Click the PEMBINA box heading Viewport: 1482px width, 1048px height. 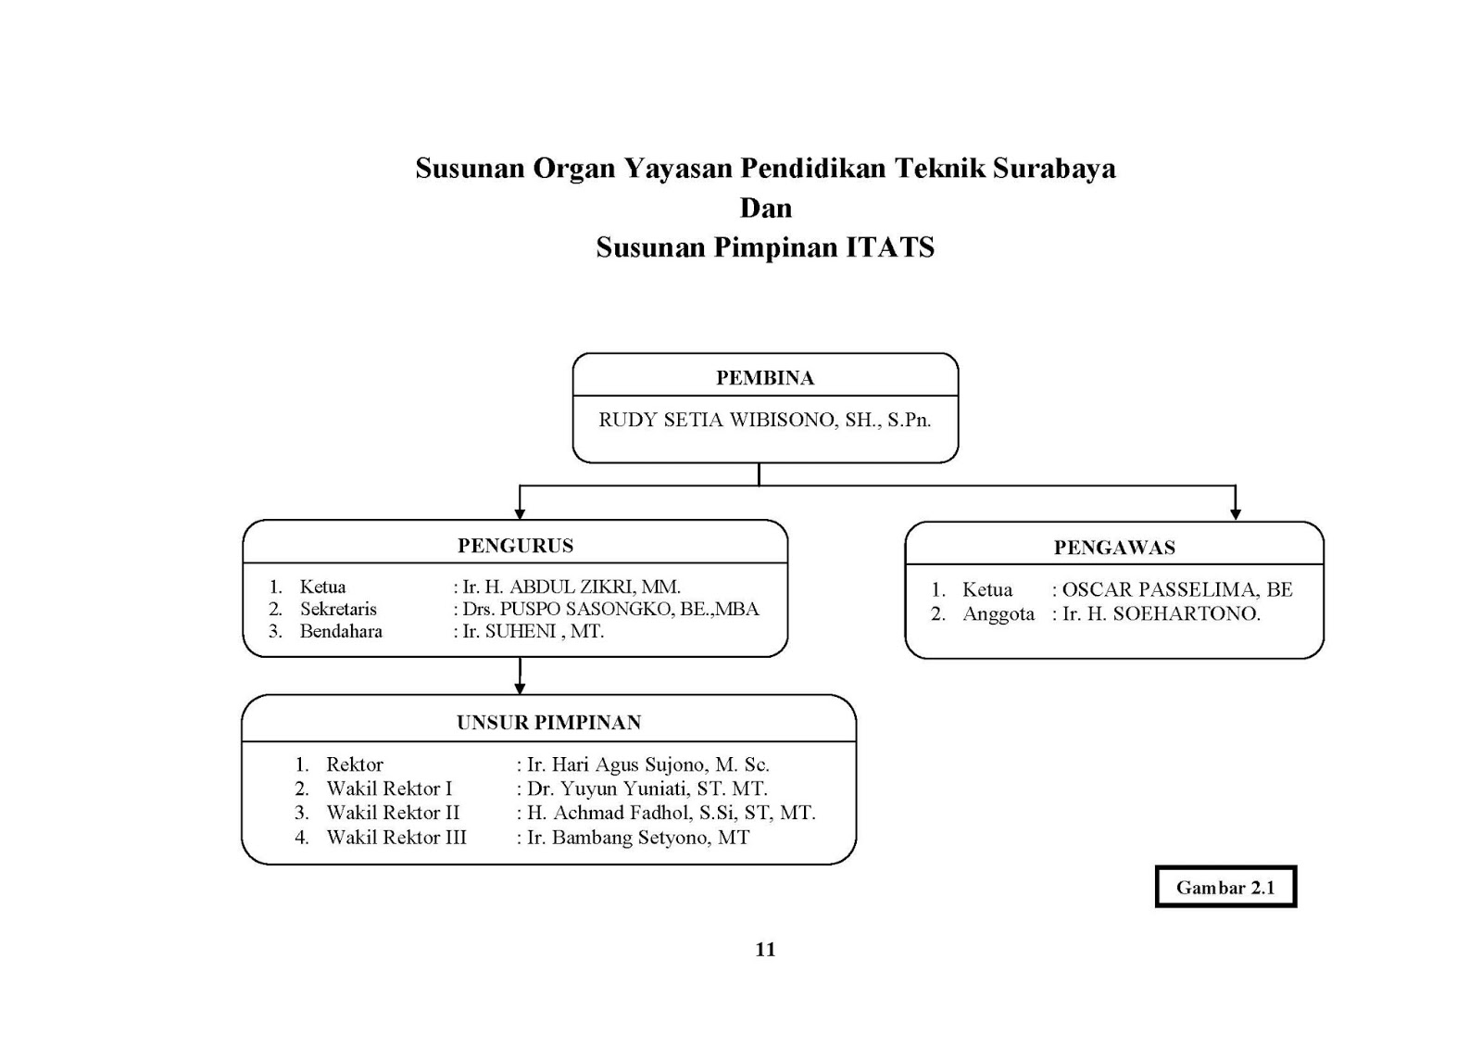tap(764, 378)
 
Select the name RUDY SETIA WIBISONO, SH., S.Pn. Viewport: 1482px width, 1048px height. tap(764, 420)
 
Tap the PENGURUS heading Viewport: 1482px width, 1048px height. tap(515, 546)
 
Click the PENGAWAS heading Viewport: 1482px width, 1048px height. tap(1114, 548)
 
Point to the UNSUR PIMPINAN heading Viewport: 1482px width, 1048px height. tap(548, 723)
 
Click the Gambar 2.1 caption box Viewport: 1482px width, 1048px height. tap(1225, 888)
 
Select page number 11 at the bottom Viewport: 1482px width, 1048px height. tap(765, 949)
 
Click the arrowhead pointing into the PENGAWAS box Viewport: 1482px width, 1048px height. tap(1235, 513)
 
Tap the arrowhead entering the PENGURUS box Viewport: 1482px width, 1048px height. tap(520, 512)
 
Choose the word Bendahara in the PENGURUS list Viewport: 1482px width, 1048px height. tap(341, 631)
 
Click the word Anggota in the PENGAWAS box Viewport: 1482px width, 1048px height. tap(998, 613)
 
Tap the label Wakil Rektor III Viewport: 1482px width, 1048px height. tap(396, 838)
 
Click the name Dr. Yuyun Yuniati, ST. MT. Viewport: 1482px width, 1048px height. tap(647, 789)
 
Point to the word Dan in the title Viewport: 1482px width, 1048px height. tap(765, 208)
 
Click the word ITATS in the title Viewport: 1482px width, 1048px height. tap(890, 247)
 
